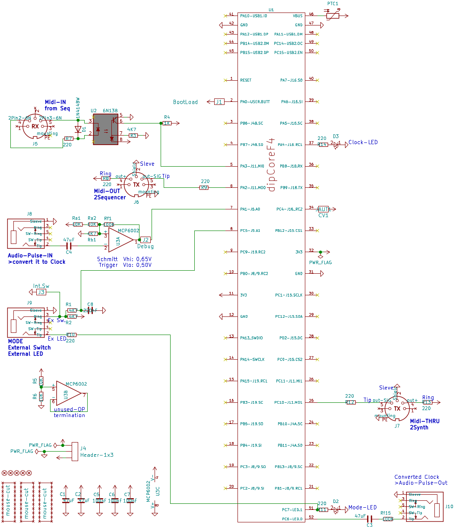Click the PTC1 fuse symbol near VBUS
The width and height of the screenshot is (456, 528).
tap(333, 15)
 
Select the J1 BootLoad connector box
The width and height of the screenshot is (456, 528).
tap(219, 102)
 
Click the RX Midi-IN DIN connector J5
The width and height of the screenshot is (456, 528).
tap(35, 126)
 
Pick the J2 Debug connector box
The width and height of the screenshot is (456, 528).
tap(146, 240)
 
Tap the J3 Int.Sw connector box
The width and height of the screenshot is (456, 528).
tap(41, 292)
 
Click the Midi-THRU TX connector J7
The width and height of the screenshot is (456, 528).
tap(396, 408)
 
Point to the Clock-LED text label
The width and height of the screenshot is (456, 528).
tap(363, 142)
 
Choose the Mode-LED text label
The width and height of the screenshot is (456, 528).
tap(363, 507)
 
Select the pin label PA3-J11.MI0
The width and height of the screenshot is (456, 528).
tap(252, 166)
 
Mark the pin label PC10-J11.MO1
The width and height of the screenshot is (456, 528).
tap(289, 402)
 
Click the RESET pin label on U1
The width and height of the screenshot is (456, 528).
tap(246, 80)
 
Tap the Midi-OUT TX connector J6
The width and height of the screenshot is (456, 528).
tap(136, 184)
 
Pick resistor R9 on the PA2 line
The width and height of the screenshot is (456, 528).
tap(204, 188)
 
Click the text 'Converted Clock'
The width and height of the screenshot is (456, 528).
tap(416, 477)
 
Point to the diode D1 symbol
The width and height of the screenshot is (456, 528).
tap(78, 129)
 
